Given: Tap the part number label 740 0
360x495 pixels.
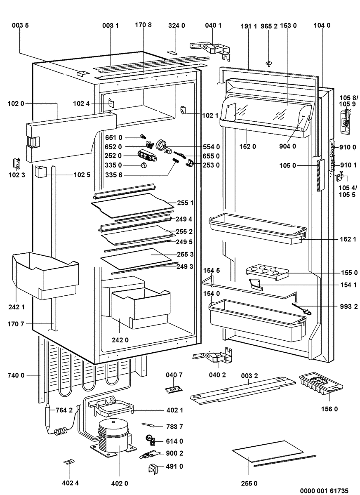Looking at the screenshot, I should (16, 375).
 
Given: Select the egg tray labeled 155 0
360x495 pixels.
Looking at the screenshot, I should (267, 272).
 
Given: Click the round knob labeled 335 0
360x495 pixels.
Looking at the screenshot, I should (144, 165).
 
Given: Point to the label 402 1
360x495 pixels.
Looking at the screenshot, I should (174, 411).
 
